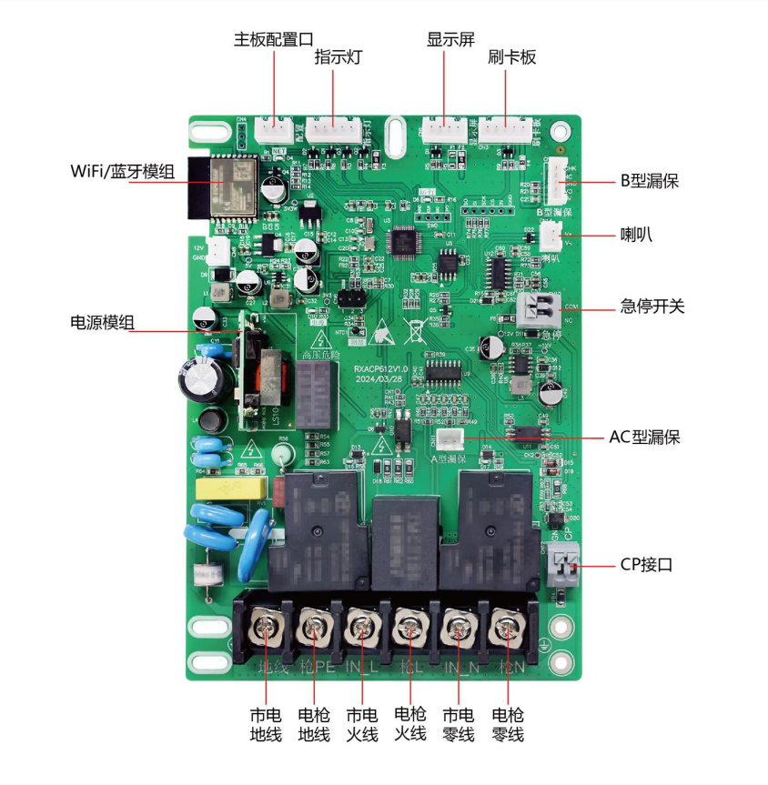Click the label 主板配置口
pos(274,40)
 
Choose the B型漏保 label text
pos(650,181)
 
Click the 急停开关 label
pos(652,307)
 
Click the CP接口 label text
pos(646,565)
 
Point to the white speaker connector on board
pos(551,237)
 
